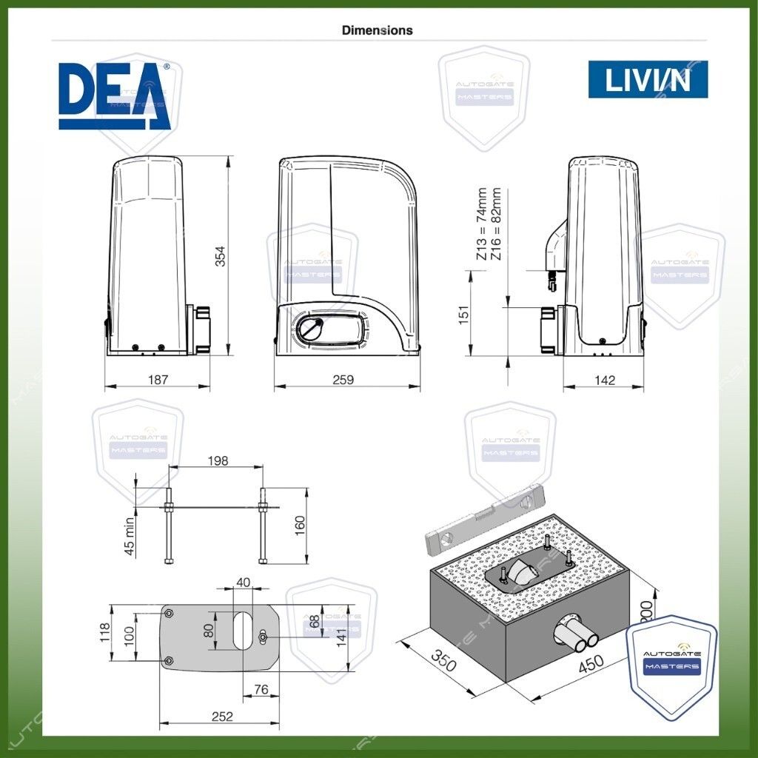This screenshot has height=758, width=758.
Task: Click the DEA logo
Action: click(x=115, y=96)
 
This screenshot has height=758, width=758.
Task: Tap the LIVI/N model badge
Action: click(x=648, y=80)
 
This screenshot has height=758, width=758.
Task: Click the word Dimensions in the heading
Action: click(x=377, y=30)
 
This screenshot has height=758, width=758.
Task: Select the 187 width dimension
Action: click(x=158, y=380)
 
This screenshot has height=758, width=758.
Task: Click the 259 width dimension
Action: click(x=343, y=380)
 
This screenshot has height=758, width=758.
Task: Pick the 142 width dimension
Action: click(x=605, y=380)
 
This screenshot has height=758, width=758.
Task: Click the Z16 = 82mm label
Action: click(x=496, y=224)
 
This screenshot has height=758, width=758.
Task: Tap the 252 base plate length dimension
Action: click(x=221, y=716)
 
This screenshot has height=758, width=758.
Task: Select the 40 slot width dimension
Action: click(x=242, y=582)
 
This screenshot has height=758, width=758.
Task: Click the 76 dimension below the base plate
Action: click(x=261, y=690)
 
